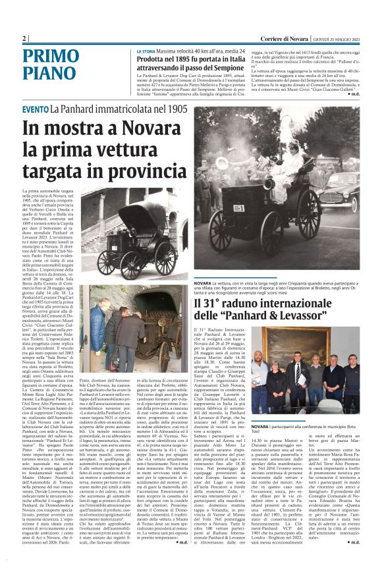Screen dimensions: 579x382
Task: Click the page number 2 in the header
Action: pyautogui.click(x=25, y=39)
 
